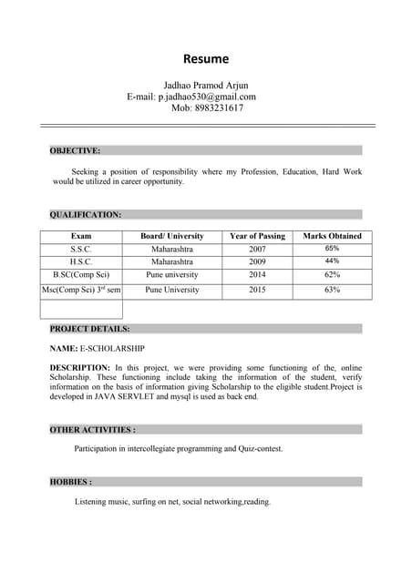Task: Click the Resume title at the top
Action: (x=206, y=59)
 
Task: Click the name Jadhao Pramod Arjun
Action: (x=205, y=85)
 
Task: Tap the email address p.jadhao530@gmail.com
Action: (x=207, y=97)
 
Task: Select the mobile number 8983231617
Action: (x=207, y=108)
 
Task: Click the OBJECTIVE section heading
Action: (x=75, y=150)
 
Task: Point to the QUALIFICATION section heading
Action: (x=86, y=215)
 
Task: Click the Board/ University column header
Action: (x=172, y=236)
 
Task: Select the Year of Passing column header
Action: (x=257, y=236)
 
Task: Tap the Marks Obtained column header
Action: (x=332, y=236)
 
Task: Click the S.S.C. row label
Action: (x=81, y=249)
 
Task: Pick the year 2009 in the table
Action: (x=257, y=261)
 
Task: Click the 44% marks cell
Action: (x=332, y=261)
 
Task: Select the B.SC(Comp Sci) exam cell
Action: (x=81, y=274)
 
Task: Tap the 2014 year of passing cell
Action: (x=257, y=274)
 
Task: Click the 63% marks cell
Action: (x=332, y=291)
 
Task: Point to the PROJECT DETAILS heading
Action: (x=89, y=329)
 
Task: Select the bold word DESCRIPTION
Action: (x=80, y=366)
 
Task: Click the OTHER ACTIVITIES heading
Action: (x=92, y=429)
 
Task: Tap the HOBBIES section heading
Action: (x=70, y=482)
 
